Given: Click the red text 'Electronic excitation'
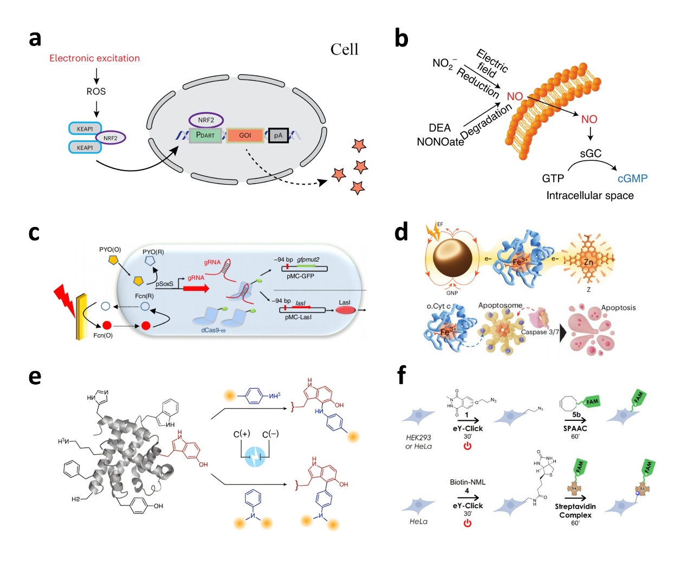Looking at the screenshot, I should [94, 58].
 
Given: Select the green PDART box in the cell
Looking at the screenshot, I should [205, 135].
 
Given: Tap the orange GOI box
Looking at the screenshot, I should [245, 135].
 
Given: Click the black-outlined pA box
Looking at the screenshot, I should [278, 135].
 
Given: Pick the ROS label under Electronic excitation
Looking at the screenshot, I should [96, 92].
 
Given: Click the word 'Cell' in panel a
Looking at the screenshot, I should [344, 49].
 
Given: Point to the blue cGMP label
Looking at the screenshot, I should [632, 178].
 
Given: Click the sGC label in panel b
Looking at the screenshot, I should [590, 153].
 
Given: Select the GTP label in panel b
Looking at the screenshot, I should [553, 178].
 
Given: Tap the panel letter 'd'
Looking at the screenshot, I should [401, 232].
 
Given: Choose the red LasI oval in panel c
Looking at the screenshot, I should [346, 310].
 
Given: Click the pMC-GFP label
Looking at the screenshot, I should [300, 276].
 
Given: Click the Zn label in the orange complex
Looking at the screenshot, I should [588, 262].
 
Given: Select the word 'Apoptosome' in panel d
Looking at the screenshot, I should [500, 305].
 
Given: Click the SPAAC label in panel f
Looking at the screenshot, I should [575, 428].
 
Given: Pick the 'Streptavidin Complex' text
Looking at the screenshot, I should [575, 511].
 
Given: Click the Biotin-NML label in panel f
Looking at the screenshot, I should [468, 482].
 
